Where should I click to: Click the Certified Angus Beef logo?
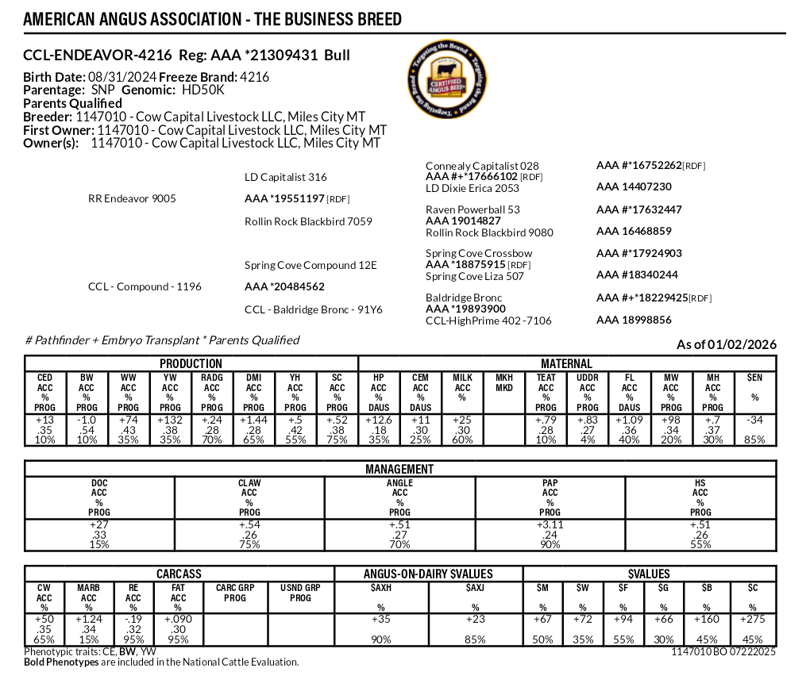pyautogui.click(x=445, y=82)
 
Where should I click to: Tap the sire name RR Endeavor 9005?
pyautogui.click(x=132, y=198)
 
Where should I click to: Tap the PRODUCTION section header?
pyautogui.click(x=191, y=363)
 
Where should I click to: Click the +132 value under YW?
pyautogui.click(x=170, y=420)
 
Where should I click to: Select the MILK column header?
pyautogui.click(x=463, y=378)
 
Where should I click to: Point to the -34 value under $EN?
pyautogui.click(x=755, y=420)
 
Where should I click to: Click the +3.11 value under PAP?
pyautogui.click(x=550, y=524)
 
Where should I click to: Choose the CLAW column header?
pyautogui.click(x=249, y=483)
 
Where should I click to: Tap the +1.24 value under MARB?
pyautogui.click(x=89, y=618)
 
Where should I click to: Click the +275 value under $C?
pyautogui.click(x=754, y=618)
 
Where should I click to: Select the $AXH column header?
pyautogui.click(x=382, y=588)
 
